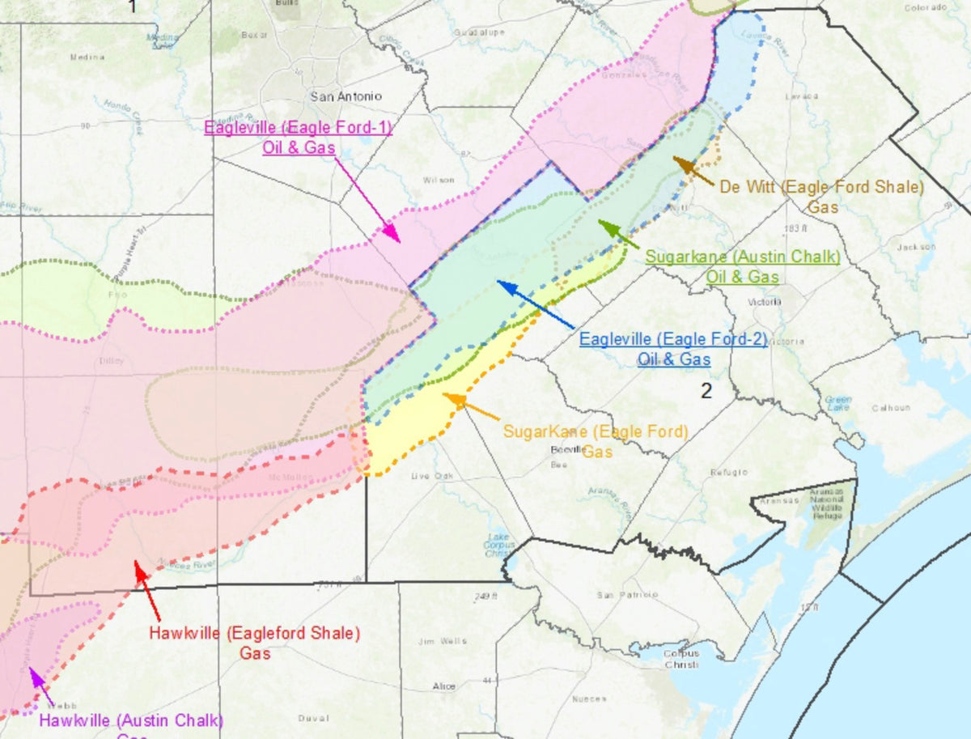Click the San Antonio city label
(346, 96)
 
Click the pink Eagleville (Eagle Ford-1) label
(298, 137)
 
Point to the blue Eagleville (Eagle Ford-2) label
(673, 349)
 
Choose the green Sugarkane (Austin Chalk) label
(742, 266)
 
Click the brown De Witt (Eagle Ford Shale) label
(822, 196)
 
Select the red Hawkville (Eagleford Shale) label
(255, 642)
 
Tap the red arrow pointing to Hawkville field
(147, 590)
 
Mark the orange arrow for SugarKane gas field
(470, 406)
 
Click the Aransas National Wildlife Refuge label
(828, 503)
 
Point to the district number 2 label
(706, 392)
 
